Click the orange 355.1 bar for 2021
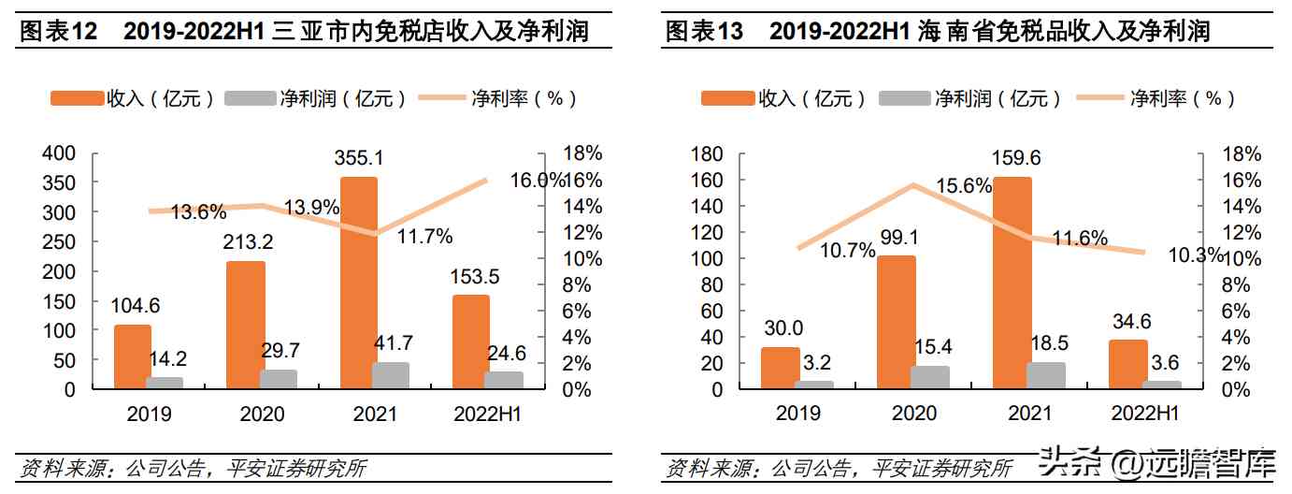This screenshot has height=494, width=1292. (x=359, y=281)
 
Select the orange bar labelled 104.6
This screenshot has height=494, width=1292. (x=132, y=356)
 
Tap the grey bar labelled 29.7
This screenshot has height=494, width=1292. (x=279, y=379)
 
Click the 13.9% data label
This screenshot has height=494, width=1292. (x=312, y=208)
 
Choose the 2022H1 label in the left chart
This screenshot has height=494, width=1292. (x=488, y=413)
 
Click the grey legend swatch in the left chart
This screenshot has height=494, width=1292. (x=251, y=97)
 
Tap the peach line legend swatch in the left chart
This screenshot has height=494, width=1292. (x=442, y=97)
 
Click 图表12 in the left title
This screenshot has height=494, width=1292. (x=59, y=32)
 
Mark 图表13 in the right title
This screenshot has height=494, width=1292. (x=704, y=32)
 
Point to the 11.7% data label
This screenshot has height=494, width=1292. (x=424, y=236)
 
